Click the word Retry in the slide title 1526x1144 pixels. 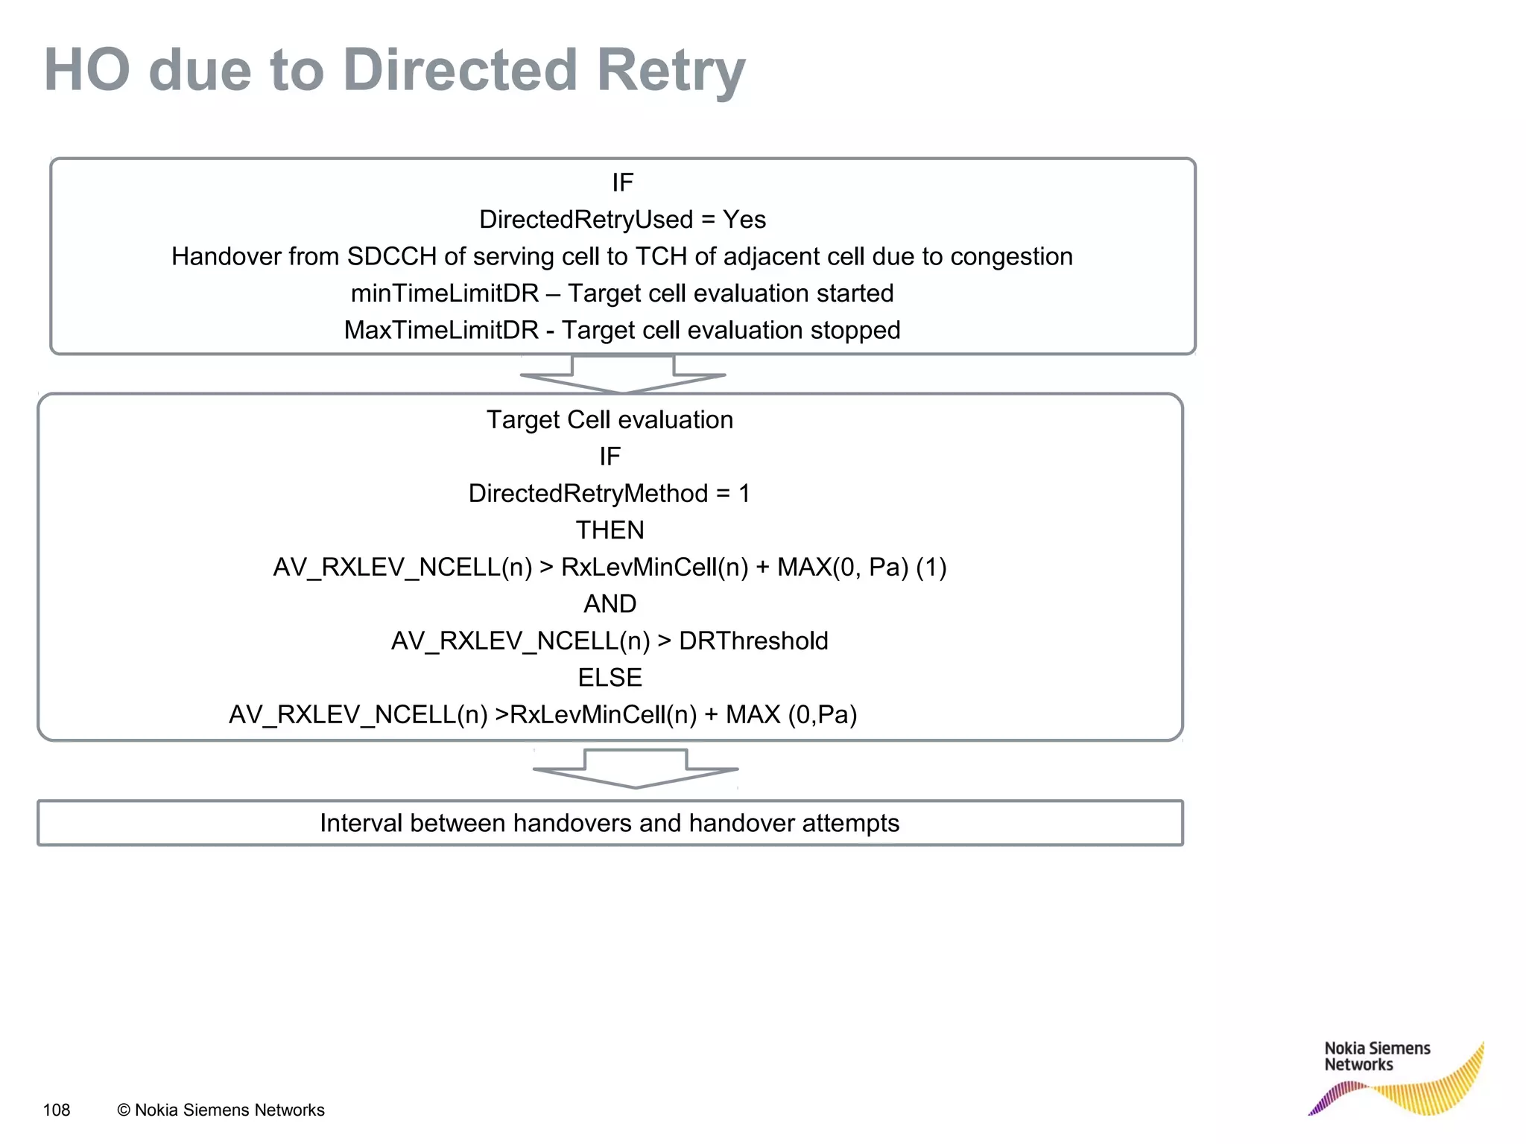click(x=671, y=71)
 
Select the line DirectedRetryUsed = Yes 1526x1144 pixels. click(x=622, y=220)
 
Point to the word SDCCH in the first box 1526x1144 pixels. click(x=392, y=257)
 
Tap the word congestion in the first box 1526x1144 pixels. click(x=1011, y=257)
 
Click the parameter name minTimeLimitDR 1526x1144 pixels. click(x=445, y=293)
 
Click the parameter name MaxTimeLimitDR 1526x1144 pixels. click(x=441, y=330)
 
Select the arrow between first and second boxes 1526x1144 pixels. click(x=623, y=375)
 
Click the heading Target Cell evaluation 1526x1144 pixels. click(x=610, y=420)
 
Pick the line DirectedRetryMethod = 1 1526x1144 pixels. click(x=609, y=494)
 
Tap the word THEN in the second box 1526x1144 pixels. click(x=610, y=530)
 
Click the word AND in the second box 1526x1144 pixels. click(x=610, y=604)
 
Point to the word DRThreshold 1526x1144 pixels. click(x=753, y=641)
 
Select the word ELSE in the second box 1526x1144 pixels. click(x=610, y=678)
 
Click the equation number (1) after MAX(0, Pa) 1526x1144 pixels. click(x=931, y=568)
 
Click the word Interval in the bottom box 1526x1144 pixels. click(x=361, y=823)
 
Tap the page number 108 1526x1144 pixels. click(x=57, y=1110)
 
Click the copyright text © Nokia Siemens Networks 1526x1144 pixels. click(x=221, y=1110)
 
